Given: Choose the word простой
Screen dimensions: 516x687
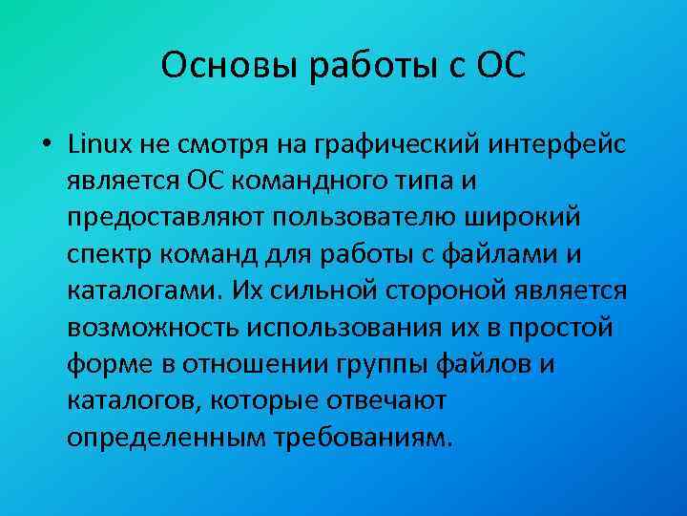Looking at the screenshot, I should [576, 326].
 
